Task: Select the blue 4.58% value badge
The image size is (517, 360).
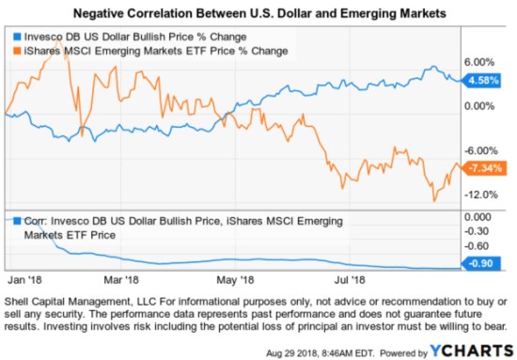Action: (x=481, y=81)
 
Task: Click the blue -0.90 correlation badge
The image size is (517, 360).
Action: (x=481, y=265)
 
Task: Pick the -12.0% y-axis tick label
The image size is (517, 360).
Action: (x=481, y=195)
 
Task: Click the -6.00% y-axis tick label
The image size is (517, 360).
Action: (x=481, y=150)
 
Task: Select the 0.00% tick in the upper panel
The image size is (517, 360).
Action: (x=480, y=105)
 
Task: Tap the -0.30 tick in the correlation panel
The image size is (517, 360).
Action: (x=481, y=231)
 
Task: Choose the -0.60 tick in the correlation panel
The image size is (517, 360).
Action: (x=481, y=247)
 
